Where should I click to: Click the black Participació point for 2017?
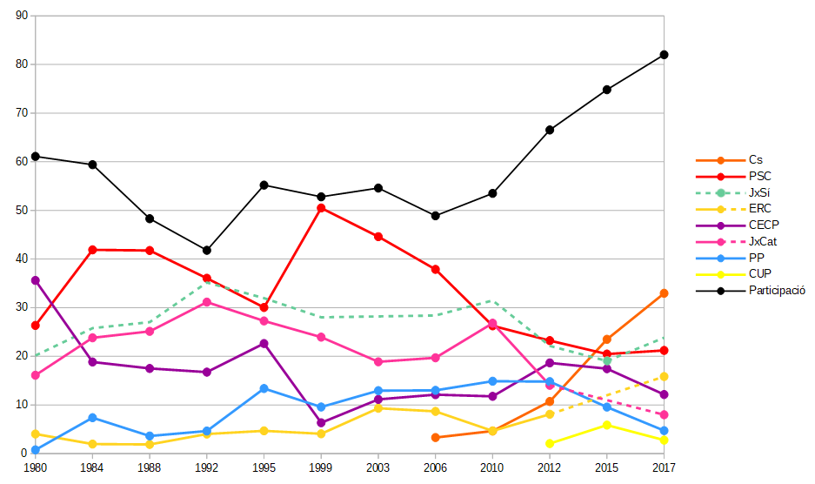click(664, 55)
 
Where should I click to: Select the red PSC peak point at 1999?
click(321, 208)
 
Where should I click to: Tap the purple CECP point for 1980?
click(35, 280)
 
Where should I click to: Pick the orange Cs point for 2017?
click(664, 293)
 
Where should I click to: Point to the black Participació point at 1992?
click(206, 251)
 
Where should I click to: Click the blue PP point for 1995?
click(264, 388)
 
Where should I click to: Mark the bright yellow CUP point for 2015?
click(607, 425)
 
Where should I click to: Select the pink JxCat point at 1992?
click(206, 302)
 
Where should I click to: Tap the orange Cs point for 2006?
click(435, 437)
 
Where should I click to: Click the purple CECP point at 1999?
click(321, 423)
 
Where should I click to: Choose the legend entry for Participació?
click(777, 290)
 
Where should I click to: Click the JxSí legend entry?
click(759, 192)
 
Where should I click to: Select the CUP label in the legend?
click(759, 273)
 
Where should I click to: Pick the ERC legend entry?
click(759, 209)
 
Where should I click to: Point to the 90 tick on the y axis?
click(22, 16)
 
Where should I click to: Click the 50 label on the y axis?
click(22, 211)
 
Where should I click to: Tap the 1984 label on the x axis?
click(92, 468)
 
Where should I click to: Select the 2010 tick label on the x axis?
click(492, 468)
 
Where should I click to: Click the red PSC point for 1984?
click(92, 250)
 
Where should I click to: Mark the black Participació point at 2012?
click(550, 130)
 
